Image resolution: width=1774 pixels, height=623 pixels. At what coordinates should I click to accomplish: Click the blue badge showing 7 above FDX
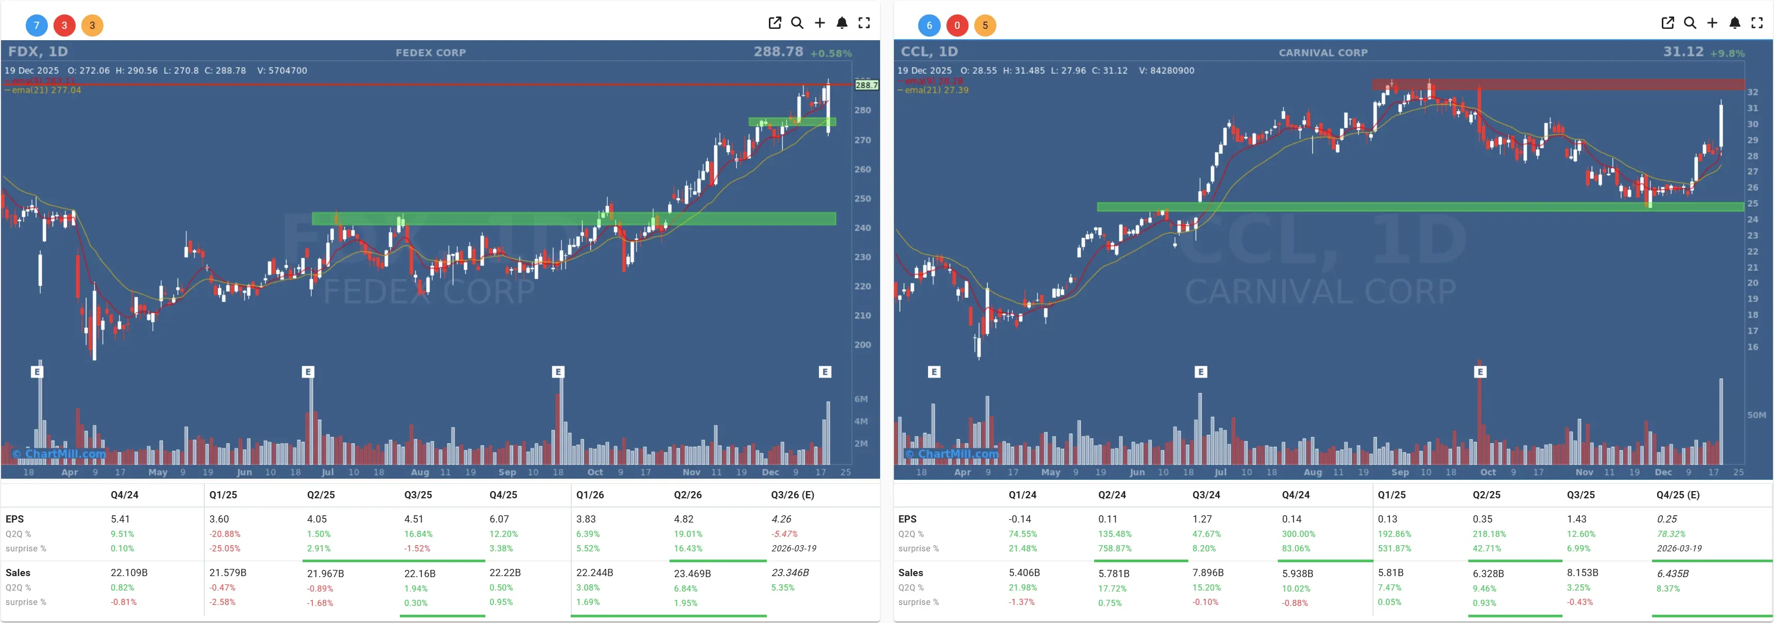click(x=37, y=25)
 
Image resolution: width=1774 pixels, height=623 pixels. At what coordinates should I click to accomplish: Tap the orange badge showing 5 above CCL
click(x=985, y=25)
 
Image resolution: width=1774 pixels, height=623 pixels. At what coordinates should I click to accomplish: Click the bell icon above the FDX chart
click(x=841, y=23)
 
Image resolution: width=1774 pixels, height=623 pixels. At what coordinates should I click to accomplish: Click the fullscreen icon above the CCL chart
click(x=1757, y=23)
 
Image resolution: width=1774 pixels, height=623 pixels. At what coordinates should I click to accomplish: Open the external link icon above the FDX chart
click(x=775, y=23)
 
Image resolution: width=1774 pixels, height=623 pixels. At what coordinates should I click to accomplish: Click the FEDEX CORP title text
click(x=430, y=53)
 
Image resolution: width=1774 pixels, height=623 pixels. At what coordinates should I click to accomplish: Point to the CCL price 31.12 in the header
click(x=1682, y=52)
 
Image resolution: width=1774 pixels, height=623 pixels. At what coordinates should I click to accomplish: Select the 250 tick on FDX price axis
click(x=862, y=198)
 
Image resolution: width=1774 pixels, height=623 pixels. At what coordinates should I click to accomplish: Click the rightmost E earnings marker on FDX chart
click(x=825, y=372)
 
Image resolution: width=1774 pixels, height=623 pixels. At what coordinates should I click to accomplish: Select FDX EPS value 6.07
click(x=499, y=519)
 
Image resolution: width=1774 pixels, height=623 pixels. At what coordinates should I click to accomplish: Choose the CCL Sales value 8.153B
click(x=1583, y=573)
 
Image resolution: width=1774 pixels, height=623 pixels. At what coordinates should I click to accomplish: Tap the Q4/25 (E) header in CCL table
click(x=1678, y=495)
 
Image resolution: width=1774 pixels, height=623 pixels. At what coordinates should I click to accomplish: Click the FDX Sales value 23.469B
click(x=692, y=574)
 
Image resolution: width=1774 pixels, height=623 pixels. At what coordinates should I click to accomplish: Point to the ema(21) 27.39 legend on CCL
click(x=936, y=90)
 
